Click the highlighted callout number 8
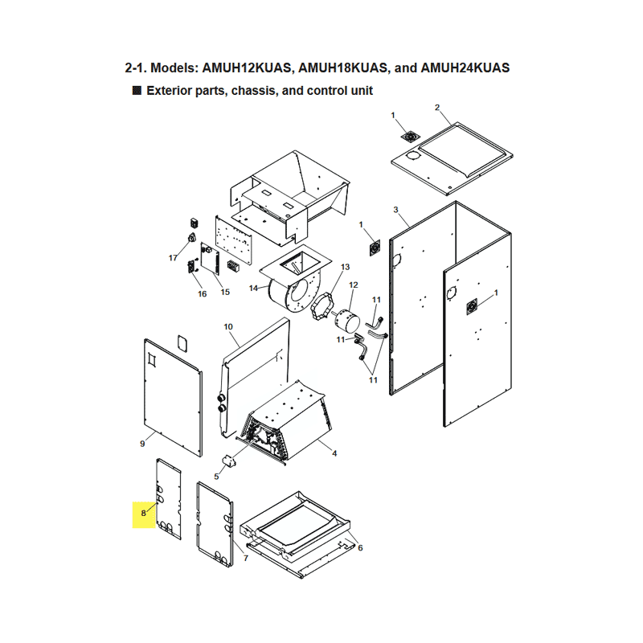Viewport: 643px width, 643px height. [x=144, y=513]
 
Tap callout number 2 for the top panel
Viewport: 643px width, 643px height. [x=437, y=108]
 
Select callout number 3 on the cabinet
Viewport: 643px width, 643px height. [x=395, y=210]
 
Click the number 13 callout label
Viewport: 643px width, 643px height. [x=346, y=267]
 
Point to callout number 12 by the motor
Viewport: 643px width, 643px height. [x=354, y=285]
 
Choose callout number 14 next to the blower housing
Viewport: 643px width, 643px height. [x=253, y=289]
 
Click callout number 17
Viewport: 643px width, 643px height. [x=173, y=258]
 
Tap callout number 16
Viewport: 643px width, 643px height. [x=203, y=293]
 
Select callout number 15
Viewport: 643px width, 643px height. [x=225, y=292]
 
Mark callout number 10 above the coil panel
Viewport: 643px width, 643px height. [x=228, y=327]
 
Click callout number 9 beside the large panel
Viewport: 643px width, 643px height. [x=142, y=444]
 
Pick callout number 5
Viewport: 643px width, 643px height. [x=216, y=477]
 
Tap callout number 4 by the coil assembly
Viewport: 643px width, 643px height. [x=334, y=453]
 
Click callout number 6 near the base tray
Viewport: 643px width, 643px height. [x=360, y=548]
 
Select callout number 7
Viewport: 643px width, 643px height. [x=246, y=558]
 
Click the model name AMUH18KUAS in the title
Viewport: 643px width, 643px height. [x=342, y=68]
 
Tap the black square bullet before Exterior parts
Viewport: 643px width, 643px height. [x=137, y=90]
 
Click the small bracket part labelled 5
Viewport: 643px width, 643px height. [x=230, y=461]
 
